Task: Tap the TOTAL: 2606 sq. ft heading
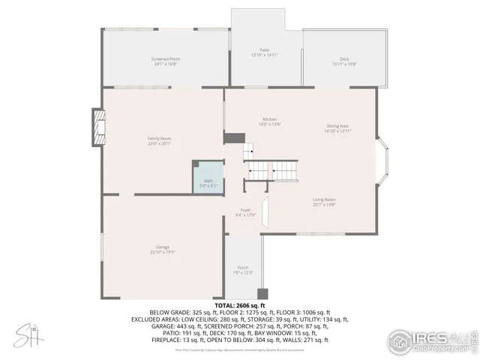point(239,306)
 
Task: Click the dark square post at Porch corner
point(262,293)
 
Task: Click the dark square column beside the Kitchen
point(235,138)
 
